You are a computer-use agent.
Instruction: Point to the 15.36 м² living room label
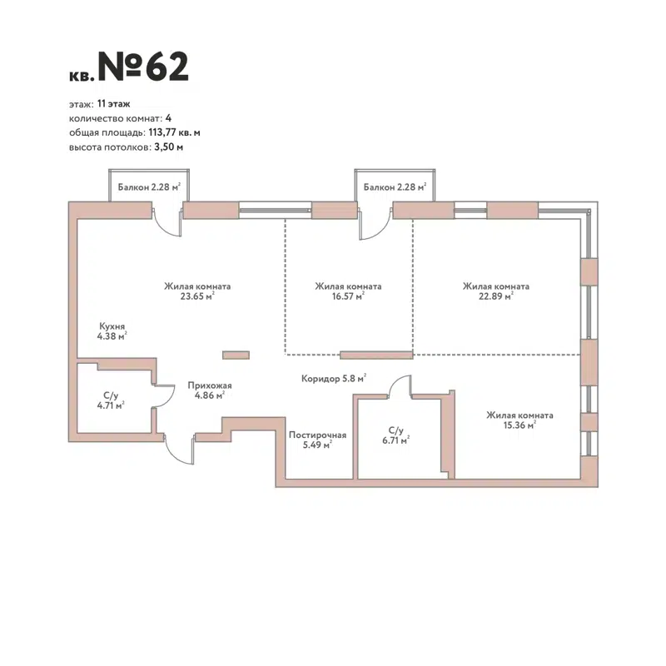tap(519, 420)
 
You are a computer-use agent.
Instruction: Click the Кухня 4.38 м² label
tap(112, 331)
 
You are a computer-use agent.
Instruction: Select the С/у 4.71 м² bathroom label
tap(111, 400)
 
